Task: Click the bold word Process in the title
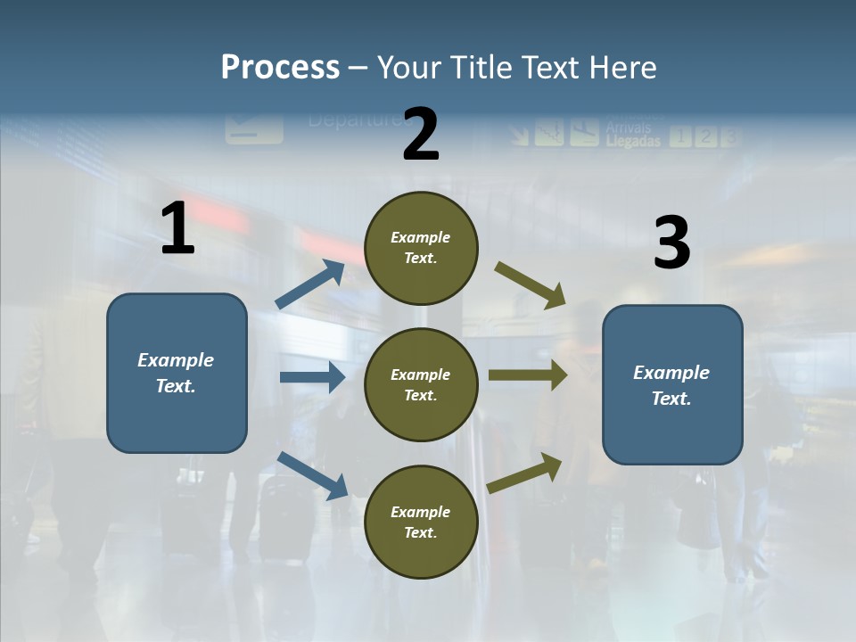click(280, 67)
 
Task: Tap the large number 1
click(177, 229)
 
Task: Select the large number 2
click(421, 135)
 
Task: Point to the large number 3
click(671, 243)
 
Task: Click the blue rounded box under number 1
click(177, 373)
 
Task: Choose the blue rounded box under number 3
click(672, 384)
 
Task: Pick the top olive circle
click(421, 248)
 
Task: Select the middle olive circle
click(421, 384)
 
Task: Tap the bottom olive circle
click(421, 522)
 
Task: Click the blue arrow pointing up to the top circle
click(310, 284)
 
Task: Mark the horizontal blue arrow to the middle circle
click(311, 377)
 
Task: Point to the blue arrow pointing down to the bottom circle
click(312, 474)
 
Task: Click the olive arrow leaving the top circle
click(531, 284)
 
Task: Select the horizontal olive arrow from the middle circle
click(527, 375)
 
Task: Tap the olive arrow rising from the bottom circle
click(525, 473)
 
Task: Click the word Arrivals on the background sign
click(628, 128)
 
